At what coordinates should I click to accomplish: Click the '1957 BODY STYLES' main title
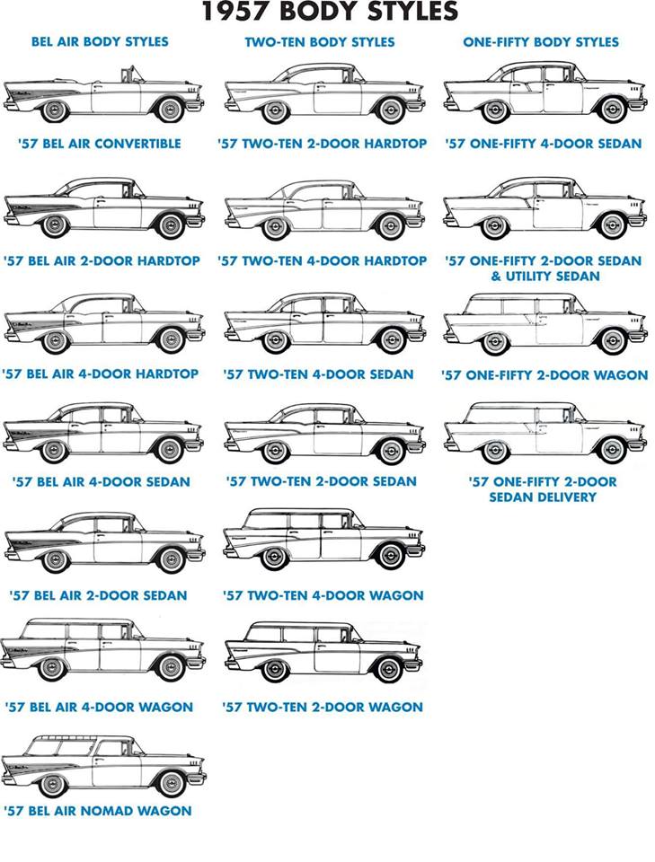click(329, 12)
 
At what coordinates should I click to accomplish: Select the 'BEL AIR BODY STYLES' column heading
click(100, 41)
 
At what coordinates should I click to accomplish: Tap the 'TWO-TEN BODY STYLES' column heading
click(319, 41)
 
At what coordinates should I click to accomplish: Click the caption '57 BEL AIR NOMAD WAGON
click(98, 811)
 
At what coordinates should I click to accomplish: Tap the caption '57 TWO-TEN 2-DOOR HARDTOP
click(322, 144)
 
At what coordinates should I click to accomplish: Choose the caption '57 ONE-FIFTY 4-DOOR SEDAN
click(544, 144)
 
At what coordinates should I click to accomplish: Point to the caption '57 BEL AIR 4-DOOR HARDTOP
click(101, 374)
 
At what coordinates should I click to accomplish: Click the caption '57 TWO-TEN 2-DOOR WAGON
click(323, 708)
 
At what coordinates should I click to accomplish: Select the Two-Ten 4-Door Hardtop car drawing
click(323, 209)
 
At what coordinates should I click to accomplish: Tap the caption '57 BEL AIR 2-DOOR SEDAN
click(98, 595)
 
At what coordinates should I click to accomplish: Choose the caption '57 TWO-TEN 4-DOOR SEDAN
click(319, 374)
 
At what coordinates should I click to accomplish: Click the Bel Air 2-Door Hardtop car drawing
click(103, 208)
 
